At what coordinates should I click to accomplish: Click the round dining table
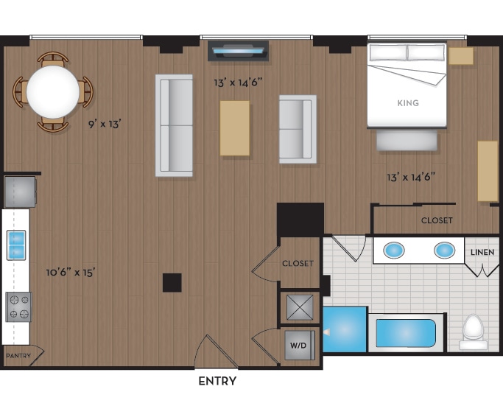(53, 92)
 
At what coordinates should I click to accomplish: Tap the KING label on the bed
(407, 103)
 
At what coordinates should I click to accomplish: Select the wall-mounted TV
(239, 51)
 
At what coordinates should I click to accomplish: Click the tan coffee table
(234, 127)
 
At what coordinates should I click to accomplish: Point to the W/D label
(298, 345)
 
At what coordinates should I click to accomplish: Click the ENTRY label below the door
(217, 381)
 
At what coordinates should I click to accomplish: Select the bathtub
(406, 333)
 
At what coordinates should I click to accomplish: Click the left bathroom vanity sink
(395, 251)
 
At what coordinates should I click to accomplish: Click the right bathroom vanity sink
(444, 251)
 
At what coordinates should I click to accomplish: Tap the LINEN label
(483, 253)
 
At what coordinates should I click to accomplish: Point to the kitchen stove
(18, 307)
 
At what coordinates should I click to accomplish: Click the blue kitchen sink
(16, 245)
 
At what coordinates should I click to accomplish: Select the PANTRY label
(18, 356)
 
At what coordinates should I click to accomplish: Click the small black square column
(172, 282)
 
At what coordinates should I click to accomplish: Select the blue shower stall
(345, 329)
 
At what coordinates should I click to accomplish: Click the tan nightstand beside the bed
(461, 56)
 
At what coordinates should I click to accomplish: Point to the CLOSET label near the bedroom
(437, 220)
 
